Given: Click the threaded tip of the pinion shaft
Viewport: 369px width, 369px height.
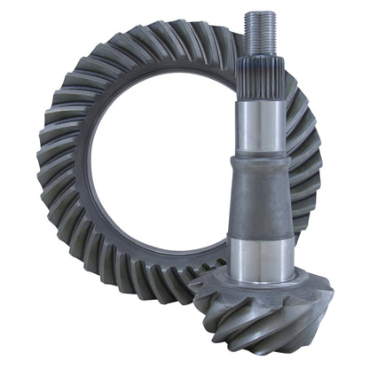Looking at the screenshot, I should (261, 31).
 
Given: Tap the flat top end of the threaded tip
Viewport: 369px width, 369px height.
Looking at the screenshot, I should (261, 12).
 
